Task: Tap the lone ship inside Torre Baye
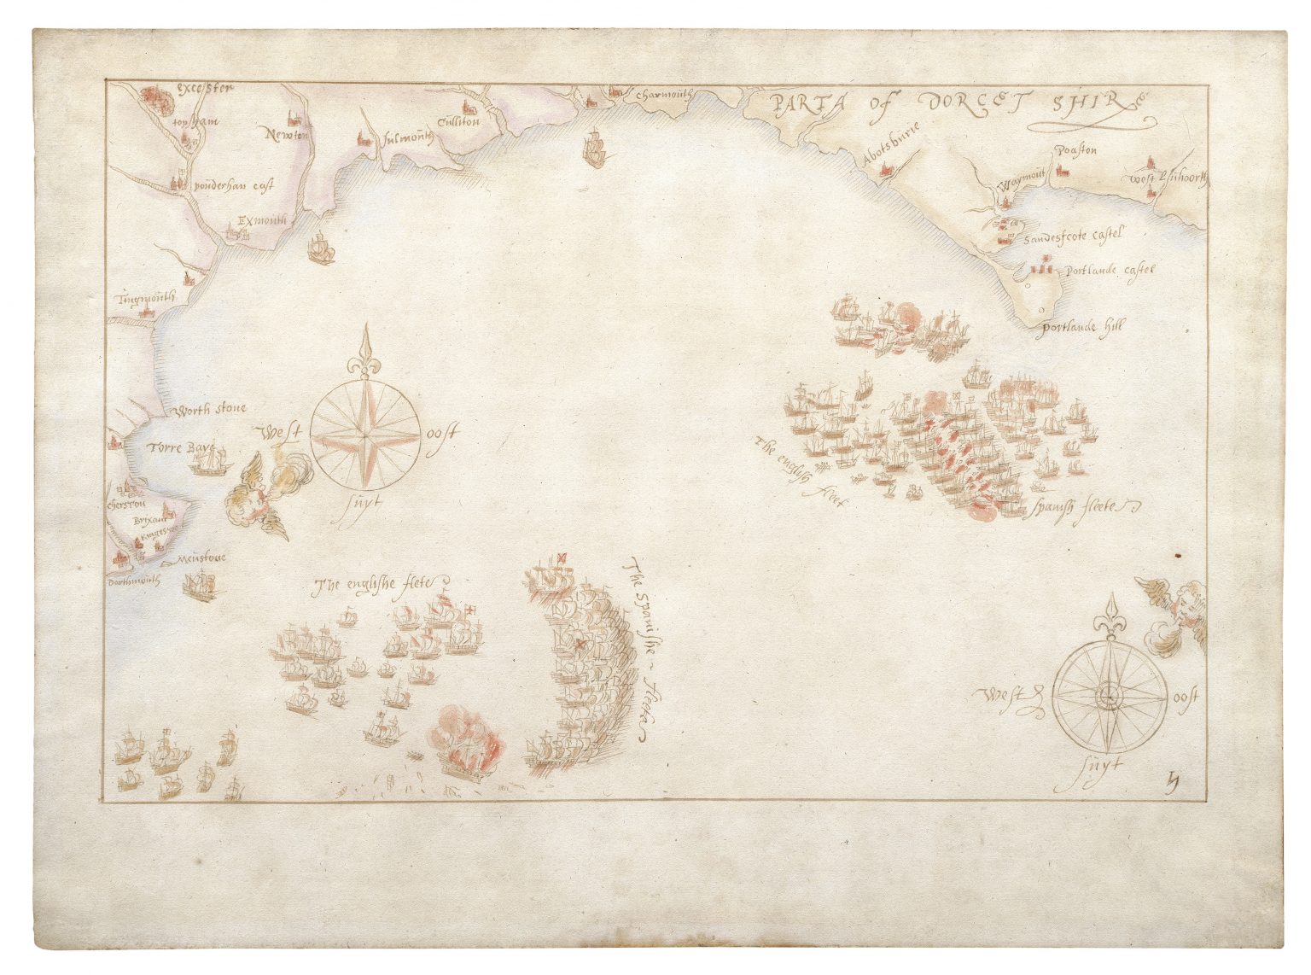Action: [210, 461]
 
